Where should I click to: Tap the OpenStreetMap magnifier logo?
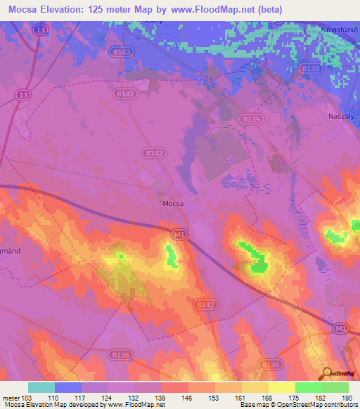(x=328, y=375)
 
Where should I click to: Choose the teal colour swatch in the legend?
(x=41, y=387)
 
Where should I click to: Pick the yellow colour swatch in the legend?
(x=282, y=387)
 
